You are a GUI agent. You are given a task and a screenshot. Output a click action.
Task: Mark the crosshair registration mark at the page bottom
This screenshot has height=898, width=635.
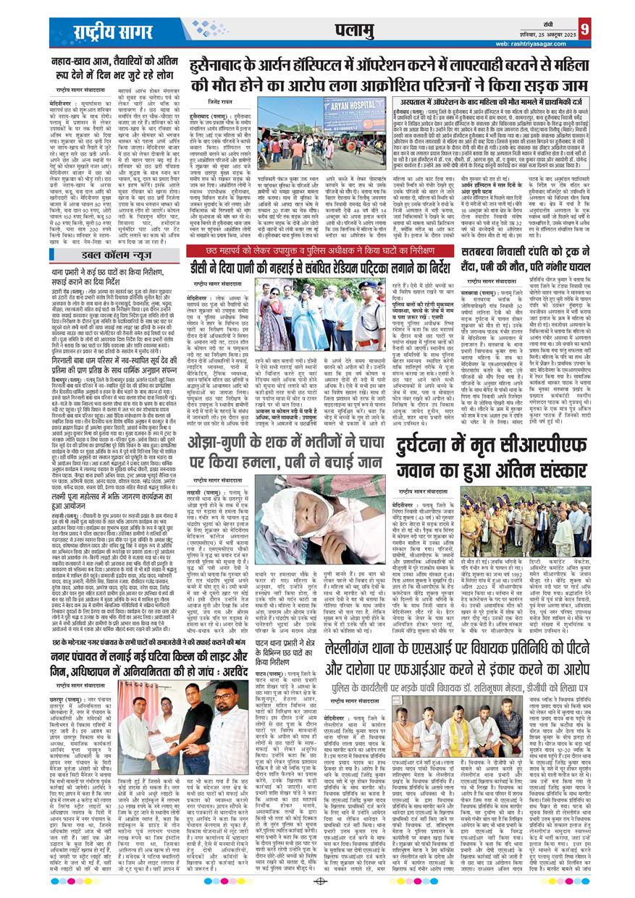click(317, 882)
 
